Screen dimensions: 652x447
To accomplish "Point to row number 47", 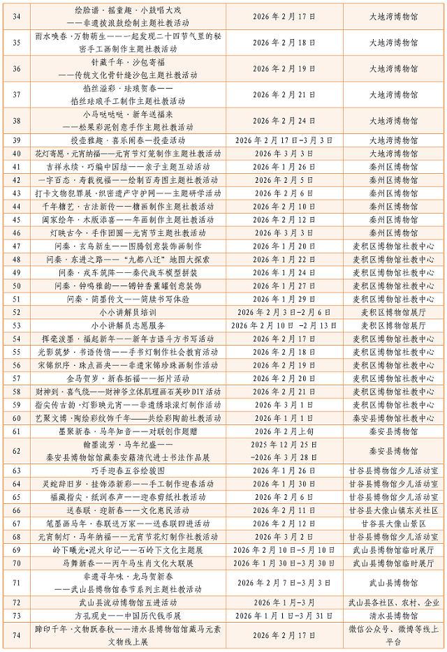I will [17, 246].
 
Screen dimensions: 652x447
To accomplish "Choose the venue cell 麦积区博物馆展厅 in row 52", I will [393, 312].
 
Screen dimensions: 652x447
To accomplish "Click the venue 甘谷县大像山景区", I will [393, 523].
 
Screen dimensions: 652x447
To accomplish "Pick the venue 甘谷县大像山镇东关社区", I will [393, 510].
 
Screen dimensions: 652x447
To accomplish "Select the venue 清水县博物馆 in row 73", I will [393, 615].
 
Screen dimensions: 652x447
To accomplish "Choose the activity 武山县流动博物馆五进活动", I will [128, 602].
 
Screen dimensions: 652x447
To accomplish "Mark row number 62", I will [17, 451].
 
